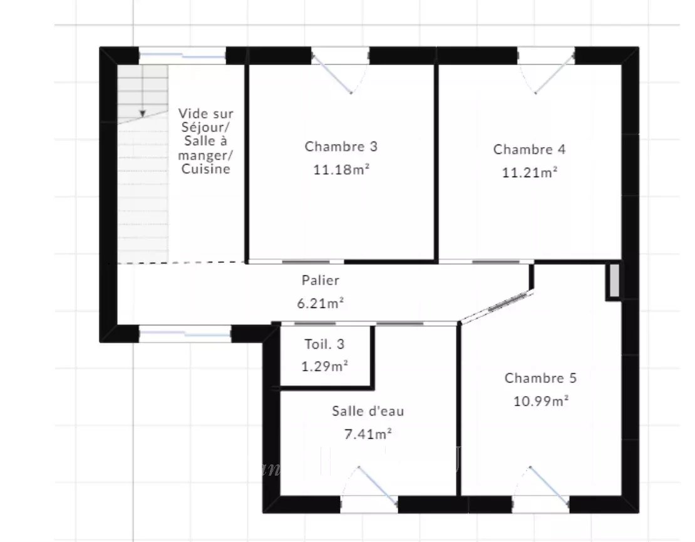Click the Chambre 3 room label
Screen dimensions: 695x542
coord(341,146)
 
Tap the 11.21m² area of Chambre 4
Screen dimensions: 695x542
coord(530,172)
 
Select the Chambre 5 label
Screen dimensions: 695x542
coord(540,378)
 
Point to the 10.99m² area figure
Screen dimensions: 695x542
coord(541,401)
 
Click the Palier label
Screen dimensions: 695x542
coord(321,280)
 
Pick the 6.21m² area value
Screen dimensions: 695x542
coord(321,303)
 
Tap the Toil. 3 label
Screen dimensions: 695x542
coord(324,344)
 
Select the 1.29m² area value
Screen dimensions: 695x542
coord(324,367)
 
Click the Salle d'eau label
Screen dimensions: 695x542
coord(368,411)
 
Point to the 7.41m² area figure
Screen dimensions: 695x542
coord(368,434)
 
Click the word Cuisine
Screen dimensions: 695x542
coord(205,169)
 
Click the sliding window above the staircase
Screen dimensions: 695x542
coord(183,56)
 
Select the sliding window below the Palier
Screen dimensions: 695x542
coord(185,334)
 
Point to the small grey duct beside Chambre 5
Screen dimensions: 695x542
coord(614,280)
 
